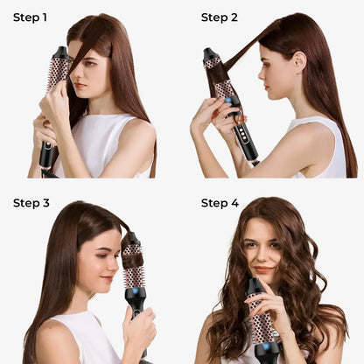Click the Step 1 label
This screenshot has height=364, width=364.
point(30,17)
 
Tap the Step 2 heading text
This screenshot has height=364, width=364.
point(220,17)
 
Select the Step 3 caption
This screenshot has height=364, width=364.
point(31,203)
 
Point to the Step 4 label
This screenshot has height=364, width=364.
point(220,203)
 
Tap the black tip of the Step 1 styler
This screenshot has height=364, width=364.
point(60,52)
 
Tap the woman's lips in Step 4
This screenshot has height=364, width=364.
point(264,270)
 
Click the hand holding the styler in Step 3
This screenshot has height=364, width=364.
point(140,328)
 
